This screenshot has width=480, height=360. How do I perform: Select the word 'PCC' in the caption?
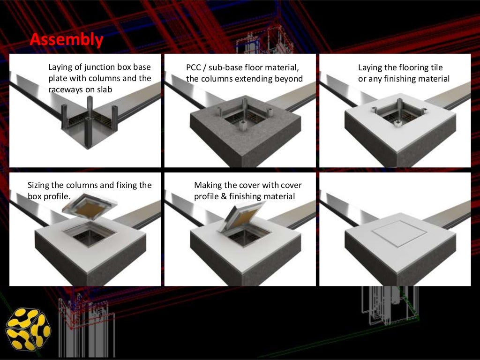click(195, 68)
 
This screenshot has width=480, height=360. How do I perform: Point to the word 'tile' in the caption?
click(435, 67)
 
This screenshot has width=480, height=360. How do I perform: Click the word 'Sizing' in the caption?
click(39, 185)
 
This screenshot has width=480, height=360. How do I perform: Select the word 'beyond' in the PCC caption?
click(289, 79)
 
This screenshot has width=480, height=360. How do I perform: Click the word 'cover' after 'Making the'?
click(253, 185)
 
